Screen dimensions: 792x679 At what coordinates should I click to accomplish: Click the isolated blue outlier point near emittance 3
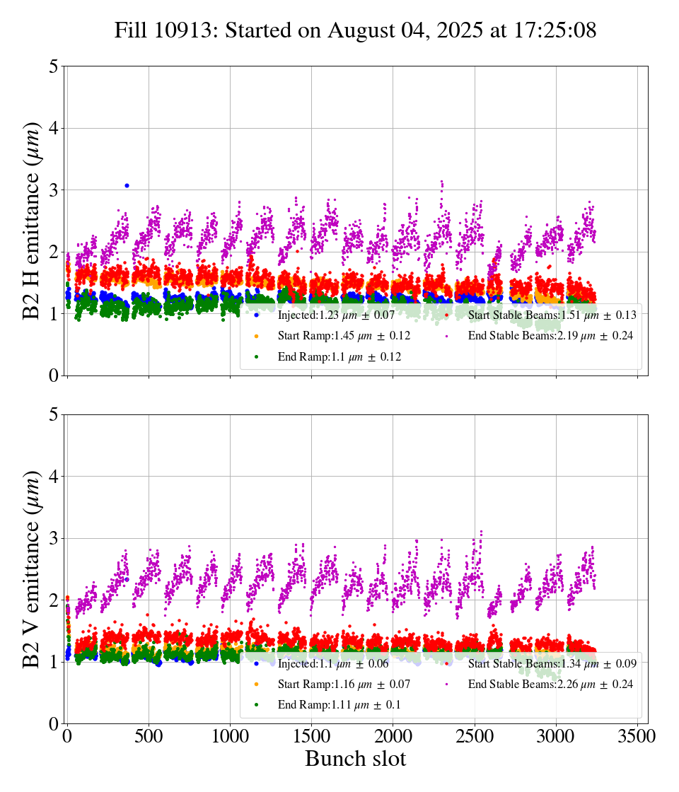coord(127,185)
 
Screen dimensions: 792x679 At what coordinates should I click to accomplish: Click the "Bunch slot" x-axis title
coord(355,759)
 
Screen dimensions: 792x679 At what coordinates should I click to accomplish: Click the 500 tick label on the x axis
coord(149,736)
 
